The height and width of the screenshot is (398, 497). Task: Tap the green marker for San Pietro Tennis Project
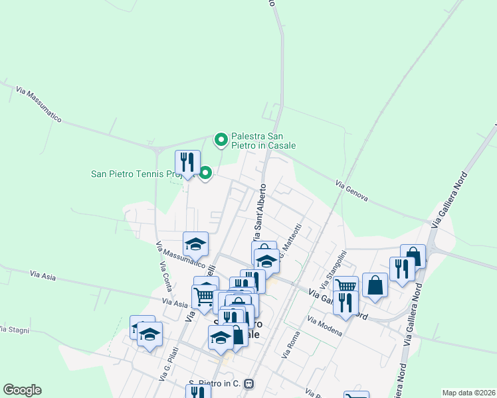tap(205, 174)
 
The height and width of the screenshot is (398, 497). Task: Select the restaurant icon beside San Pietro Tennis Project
tap(187, 162)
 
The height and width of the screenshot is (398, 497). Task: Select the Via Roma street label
tap(291, 346)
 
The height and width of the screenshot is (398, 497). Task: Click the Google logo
tap(22, 390)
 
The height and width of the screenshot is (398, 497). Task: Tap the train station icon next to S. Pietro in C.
tap(249, 383)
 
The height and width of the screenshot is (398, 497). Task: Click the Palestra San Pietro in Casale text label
tap(263, 140)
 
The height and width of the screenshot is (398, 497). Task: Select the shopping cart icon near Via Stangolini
tap(346, 286)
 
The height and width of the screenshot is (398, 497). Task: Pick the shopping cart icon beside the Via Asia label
tap(203, 296)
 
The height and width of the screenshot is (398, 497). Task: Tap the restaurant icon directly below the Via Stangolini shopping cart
tap(345, 302)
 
